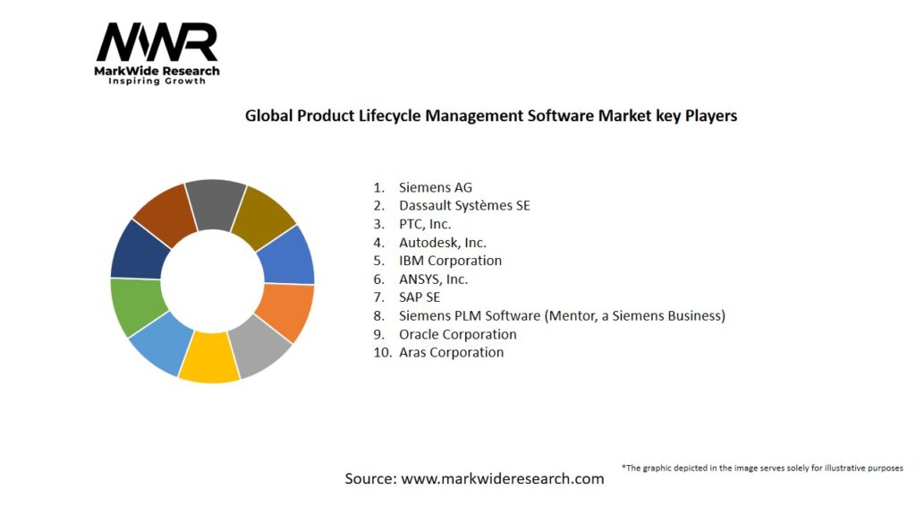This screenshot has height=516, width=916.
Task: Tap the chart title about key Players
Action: pos(491,116)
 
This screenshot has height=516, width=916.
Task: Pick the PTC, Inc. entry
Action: pos(425,224)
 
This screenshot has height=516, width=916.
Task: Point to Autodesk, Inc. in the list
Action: pos(442,242)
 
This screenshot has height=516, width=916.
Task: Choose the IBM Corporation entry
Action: pos(450,261)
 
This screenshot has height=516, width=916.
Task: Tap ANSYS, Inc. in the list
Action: pos(433,279)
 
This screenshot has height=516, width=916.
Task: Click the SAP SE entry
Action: pos(420,297)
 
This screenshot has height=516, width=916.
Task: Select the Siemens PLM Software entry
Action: pos(561,315)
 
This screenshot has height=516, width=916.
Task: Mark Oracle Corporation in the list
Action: pos(457,334)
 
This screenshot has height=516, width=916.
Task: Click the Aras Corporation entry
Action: pos(451,352)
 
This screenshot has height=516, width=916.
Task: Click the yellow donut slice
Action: pos(208,358)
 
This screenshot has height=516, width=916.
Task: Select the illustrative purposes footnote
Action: pos(762,468)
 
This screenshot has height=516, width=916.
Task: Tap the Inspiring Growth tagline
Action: pos(157,81)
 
